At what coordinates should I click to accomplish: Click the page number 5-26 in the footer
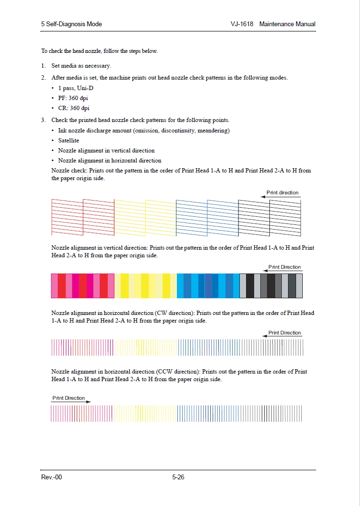[178, 477]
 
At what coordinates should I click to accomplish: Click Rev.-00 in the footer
[51, 477]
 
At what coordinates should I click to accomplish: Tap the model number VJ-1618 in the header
[241, 24]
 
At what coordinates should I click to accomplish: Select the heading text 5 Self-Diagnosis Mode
[72, 24]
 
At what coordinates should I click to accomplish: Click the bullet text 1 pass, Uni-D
[75, 89]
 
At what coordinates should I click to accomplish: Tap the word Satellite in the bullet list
[69, 141]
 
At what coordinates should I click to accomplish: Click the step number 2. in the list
[43, 78]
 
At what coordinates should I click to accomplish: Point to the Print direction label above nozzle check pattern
[282, 192]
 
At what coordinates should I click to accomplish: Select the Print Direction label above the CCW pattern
[69, 398]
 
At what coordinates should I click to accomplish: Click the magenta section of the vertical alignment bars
[82, 286]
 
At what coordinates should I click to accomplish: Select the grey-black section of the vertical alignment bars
[271, 286]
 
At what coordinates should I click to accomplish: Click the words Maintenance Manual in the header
[288, 24]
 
